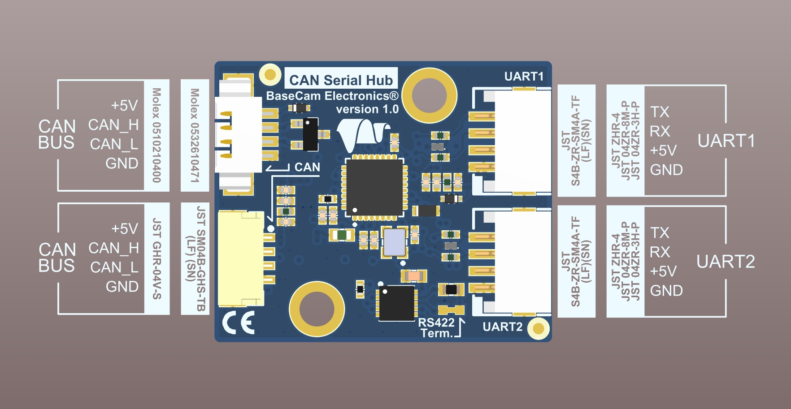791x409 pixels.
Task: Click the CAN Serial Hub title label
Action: point(341,80)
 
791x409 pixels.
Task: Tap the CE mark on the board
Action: point(239,323)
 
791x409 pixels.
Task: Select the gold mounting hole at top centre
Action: point(429,95)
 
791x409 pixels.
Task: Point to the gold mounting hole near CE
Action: point(317,309)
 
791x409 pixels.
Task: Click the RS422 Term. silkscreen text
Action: point(436,327)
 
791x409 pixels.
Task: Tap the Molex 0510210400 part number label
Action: point(156,135)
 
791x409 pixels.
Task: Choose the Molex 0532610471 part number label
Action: point(195,135)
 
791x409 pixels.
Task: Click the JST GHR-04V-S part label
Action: point(156,258)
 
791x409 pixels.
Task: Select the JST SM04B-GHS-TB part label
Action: point(195,258)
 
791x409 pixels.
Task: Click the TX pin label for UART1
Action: point(660,112)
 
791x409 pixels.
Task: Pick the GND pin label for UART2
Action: point(666,291)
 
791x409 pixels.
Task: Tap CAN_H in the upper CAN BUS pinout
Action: point(113,125)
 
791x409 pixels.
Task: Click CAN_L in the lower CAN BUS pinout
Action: point(114,267)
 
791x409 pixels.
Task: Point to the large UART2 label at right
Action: point(726,262)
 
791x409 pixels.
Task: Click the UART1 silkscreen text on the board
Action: point(524,77)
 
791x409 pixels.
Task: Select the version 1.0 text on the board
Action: point(367,109)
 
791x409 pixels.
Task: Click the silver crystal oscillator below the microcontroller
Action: point(394,242)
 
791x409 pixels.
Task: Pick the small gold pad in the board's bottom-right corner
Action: point(538,329)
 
